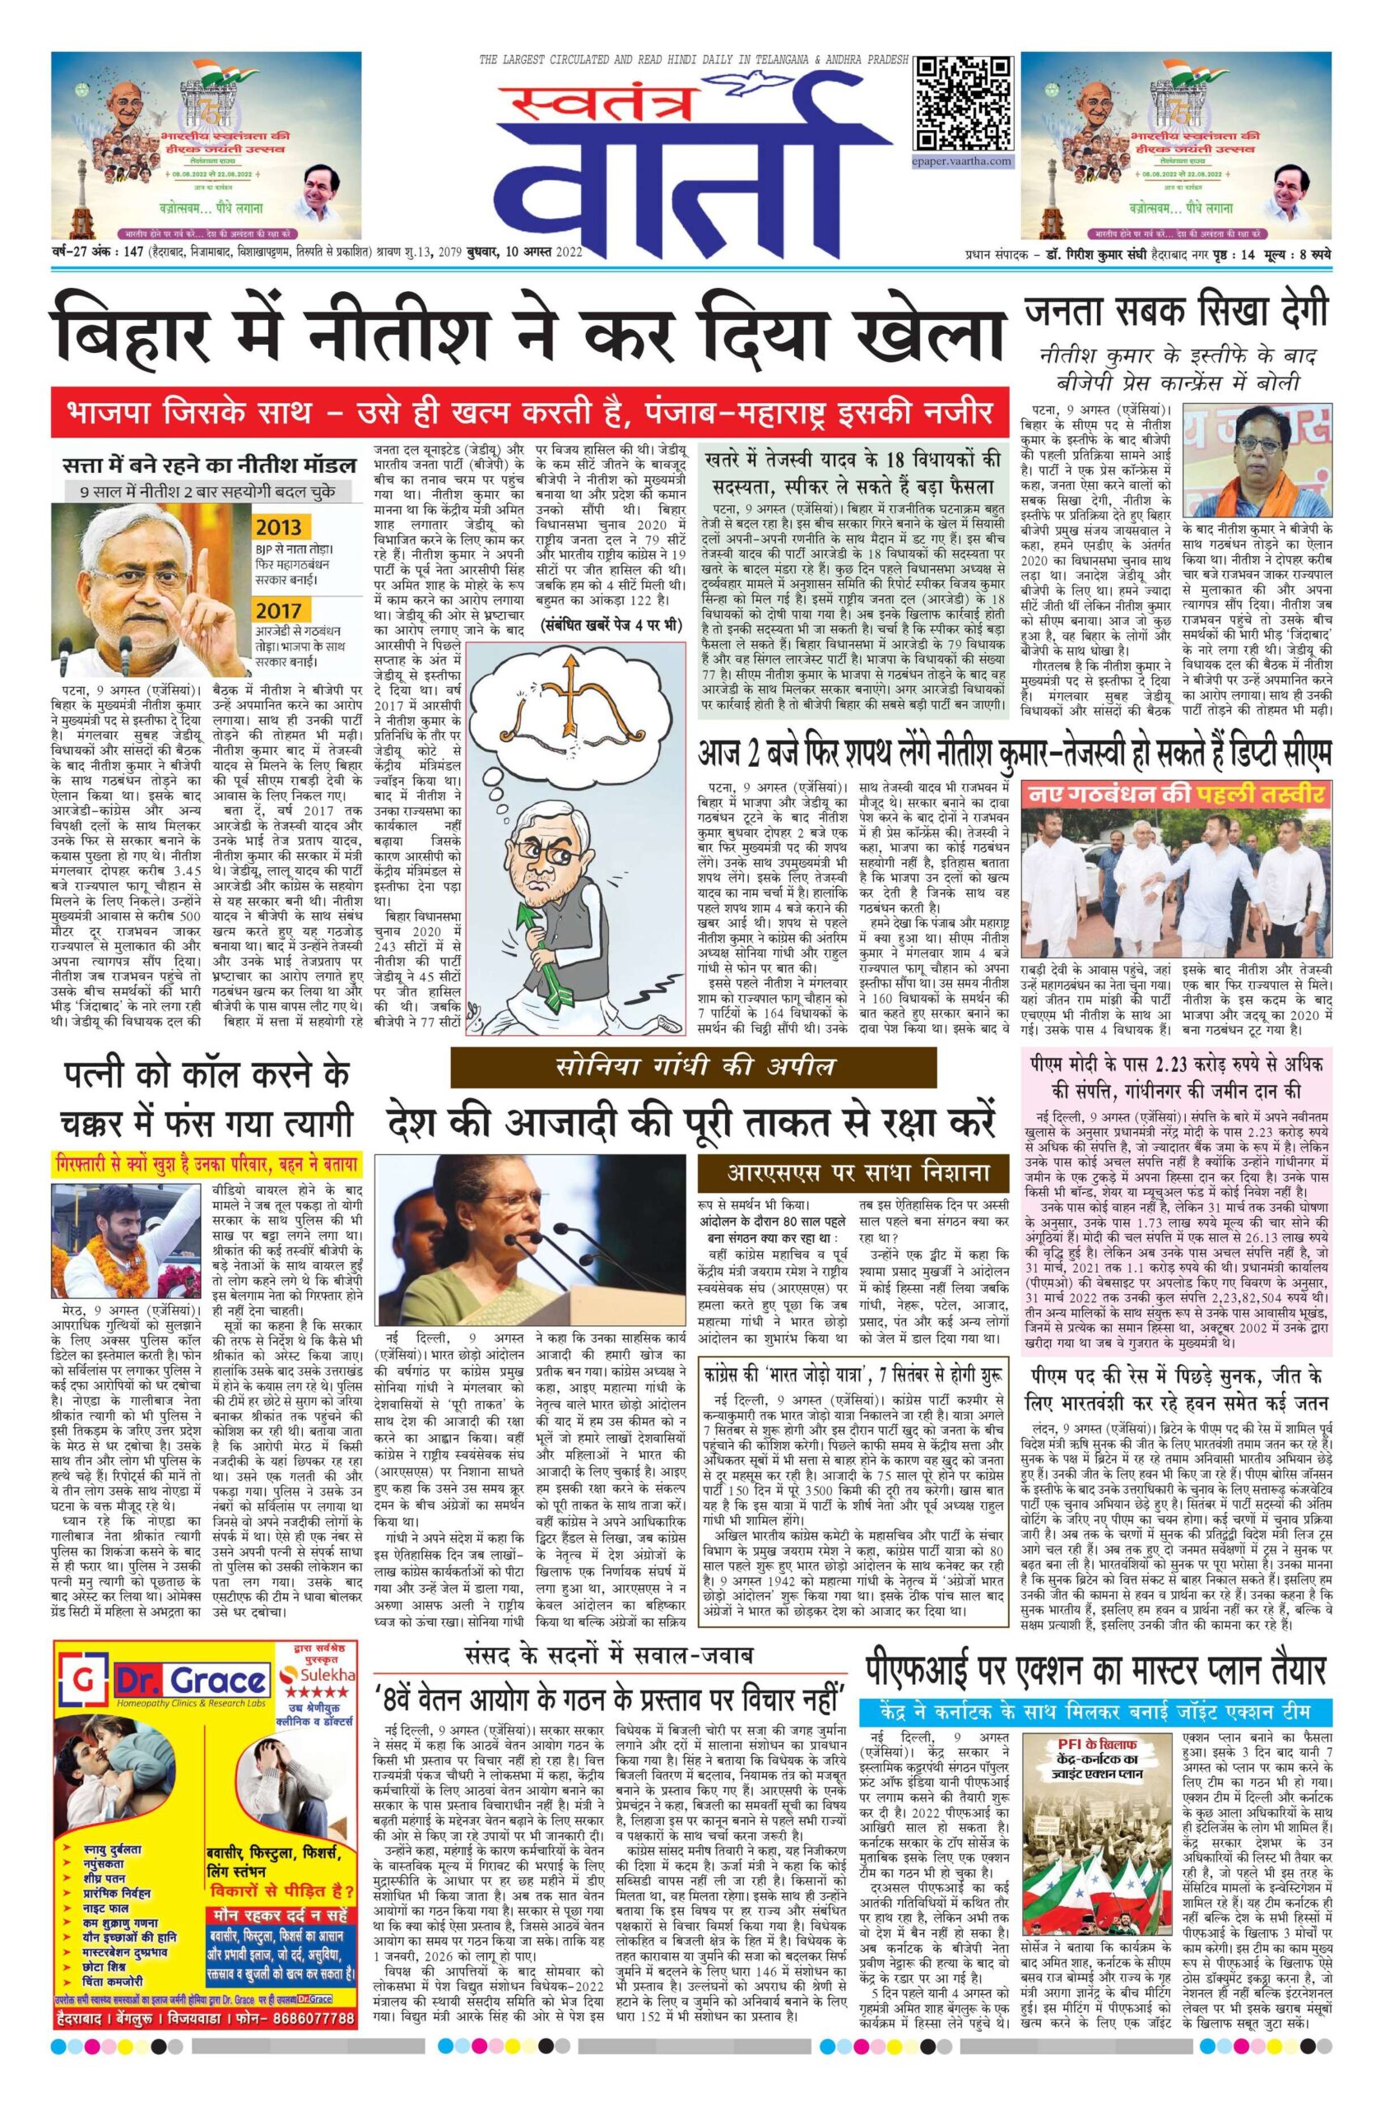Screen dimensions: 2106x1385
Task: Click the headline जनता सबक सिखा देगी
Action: click(1176, 313)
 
